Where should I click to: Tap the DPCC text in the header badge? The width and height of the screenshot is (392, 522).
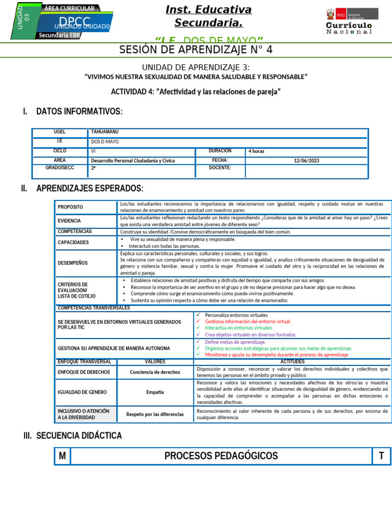74,21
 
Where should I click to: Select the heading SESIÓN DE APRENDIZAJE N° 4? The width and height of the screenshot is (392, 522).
196,49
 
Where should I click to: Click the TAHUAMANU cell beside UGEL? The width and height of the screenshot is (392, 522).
105,132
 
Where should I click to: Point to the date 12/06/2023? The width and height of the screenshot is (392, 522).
306,161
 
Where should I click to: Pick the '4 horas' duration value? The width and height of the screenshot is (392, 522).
256,151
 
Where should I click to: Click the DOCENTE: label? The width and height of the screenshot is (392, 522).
220,168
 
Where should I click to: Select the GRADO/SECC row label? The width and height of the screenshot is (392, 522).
60,168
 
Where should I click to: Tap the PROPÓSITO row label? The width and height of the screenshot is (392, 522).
70,207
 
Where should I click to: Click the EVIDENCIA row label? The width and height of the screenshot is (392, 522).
69,221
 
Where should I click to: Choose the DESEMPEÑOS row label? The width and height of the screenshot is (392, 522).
72,263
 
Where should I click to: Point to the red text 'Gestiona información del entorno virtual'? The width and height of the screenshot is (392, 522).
248,322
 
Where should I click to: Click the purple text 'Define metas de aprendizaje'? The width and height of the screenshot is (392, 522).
235,342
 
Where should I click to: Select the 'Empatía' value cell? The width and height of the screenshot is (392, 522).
155,392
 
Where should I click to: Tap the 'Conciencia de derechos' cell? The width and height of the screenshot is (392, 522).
155,372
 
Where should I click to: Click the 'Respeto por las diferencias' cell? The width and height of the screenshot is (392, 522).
155,414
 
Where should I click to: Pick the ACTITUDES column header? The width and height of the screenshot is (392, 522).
292,361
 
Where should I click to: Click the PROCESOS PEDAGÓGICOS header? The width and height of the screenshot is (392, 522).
221,456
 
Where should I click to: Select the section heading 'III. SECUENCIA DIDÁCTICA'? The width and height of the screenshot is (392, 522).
73,435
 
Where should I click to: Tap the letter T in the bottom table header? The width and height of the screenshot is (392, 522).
381,456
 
